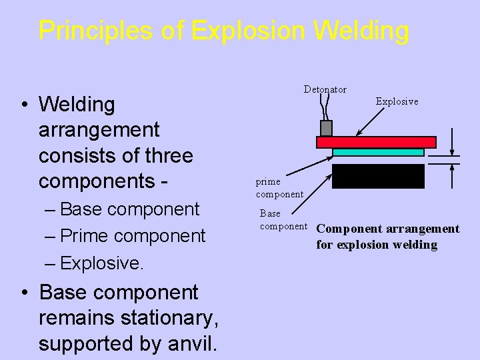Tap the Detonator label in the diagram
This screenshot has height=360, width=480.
tap(325, 89)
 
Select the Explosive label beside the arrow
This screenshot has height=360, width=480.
tap(397, 101)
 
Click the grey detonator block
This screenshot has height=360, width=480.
tap(326, 128)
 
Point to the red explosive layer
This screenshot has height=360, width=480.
tap(376, 142)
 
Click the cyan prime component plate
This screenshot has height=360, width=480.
tap(378, 152)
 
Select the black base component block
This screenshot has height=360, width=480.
tap(378, 176)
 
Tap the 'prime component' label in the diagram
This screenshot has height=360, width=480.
tap(279, 188)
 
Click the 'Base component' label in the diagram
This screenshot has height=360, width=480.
tap(283, 220)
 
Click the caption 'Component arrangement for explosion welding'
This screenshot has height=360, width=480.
tap(387, 237)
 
